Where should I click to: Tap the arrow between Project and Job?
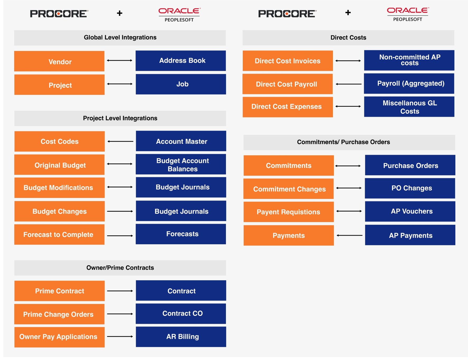click(120, 84)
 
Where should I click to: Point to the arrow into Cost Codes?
click(120, 142)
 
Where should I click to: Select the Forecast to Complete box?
click(59, 235)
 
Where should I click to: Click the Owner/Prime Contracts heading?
click(120, 268)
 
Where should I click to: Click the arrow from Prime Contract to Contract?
click(120, 291)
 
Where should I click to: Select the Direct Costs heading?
click(348, 38)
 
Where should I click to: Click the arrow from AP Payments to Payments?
click(349, 235)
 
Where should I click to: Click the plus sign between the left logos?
click(120, 13)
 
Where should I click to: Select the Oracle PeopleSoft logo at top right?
click(408, 14)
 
